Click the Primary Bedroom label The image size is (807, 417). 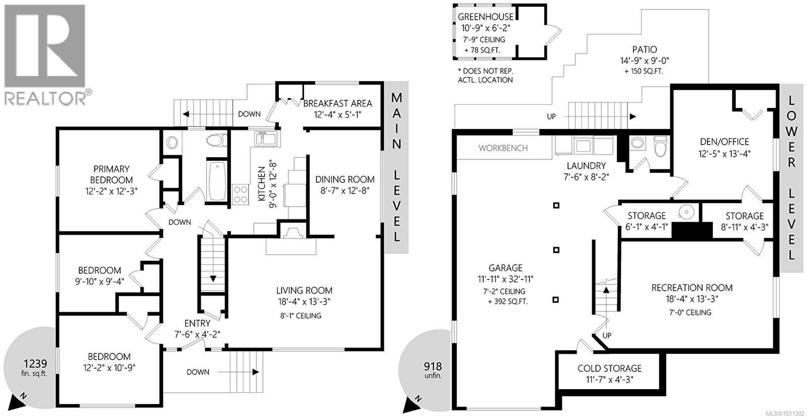point(111,174)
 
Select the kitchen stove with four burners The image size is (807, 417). point(241,194)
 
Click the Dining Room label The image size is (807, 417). point(345,180)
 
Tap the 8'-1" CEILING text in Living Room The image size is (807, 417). point(301,316)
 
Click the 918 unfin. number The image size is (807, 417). point(432,367)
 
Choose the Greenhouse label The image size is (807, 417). point(486,17)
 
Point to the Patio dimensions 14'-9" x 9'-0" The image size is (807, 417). point(645,61)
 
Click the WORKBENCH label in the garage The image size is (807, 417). point(503,148)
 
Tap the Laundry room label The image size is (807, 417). point(586,166)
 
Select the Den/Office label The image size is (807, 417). point(724,142)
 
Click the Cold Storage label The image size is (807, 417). point(609,369)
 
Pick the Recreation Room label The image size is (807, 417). point(691,288)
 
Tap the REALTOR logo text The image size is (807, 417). point(45,98)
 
